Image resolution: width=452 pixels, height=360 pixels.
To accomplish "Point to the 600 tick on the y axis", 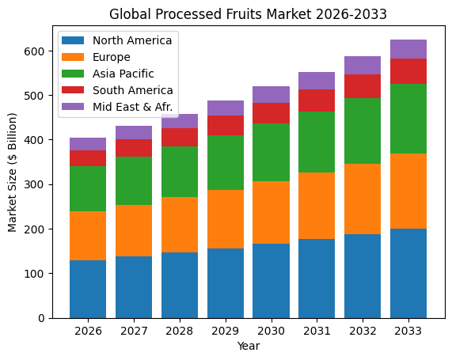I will pyautogui.click(x=36, y=51).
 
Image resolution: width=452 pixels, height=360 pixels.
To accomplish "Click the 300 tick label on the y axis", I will pyautogui.click(x=36, y=184).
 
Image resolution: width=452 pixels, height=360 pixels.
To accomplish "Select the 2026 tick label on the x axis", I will pyautogui.click(x=88, y=332).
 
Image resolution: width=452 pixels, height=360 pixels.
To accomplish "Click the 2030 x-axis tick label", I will pyautogui.click(x=272, y=332).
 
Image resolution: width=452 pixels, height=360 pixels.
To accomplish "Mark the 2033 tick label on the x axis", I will pyautogui.click(x=409, y=332).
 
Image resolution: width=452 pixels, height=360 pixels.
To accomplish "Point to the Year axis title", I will pyautogui.click(x=249, y=346).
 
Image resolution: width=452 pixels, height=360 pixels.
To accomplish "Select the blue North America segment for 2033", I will pyautogui.click(x=409, y=273).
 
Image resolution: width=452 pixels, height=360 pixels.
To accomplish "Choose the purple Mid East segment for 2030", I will pyautogui.click(x=272, y=94).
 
